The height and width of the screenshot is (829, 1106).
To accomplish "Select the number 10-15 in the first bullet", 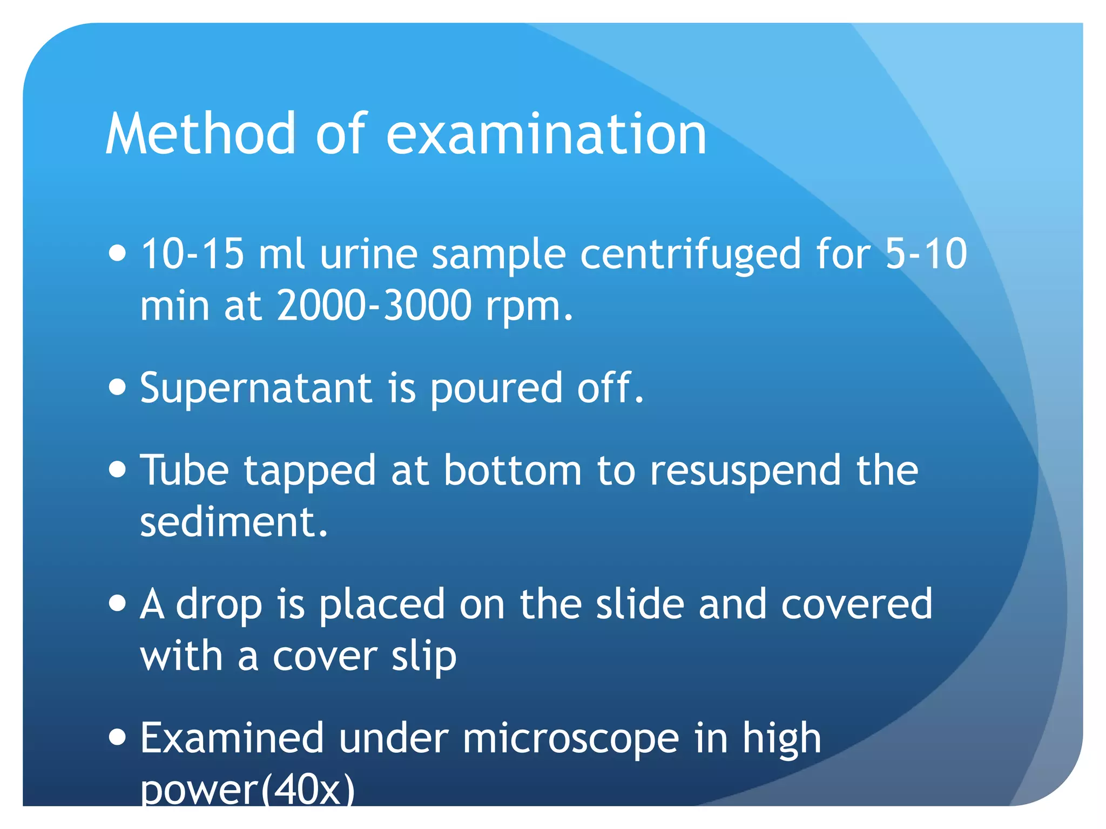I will [x=192, y=254].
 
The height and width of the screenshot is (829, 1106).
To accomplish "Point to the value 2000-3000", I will [x=374, y=305].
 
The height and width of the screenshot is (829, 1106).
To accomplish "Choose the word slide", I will [x=640, y=604].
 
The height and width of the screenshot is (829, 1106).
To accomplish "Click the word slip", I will [x=424, y=657].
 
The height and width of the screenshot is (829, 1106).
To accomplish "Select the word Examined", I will [x=232, y=738].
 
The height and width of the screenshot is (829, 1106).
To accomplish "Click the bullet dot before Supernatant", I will [x=117, y=387].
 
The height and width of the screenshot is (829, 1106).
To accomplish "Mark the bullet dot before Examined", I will [x=117, y=737].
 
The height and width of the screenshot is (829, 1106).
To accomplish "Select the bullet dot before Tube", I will [x=117, y=469].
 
